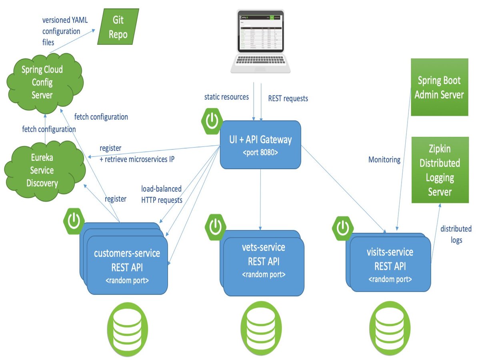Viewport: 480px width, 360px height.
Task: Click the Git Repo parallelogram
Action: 118,27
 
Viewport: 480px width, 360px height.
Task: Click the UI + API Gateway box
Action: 260,145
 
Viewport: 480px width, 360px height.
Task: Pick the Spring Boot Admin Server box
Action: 439,87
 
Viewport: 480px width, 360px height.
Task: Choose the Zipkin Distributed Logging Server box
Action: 440,170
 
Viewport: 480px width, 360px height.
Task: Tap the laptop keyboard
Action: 260,61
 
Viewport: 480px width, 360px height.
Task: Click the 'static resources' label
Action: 226,97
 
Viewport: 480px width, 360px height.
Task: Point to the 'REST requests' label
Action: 288,98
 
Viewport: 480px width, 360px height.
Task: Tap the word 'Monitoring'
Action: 384,160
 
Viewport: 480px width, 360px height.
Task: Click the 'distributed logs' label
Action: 456,234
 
